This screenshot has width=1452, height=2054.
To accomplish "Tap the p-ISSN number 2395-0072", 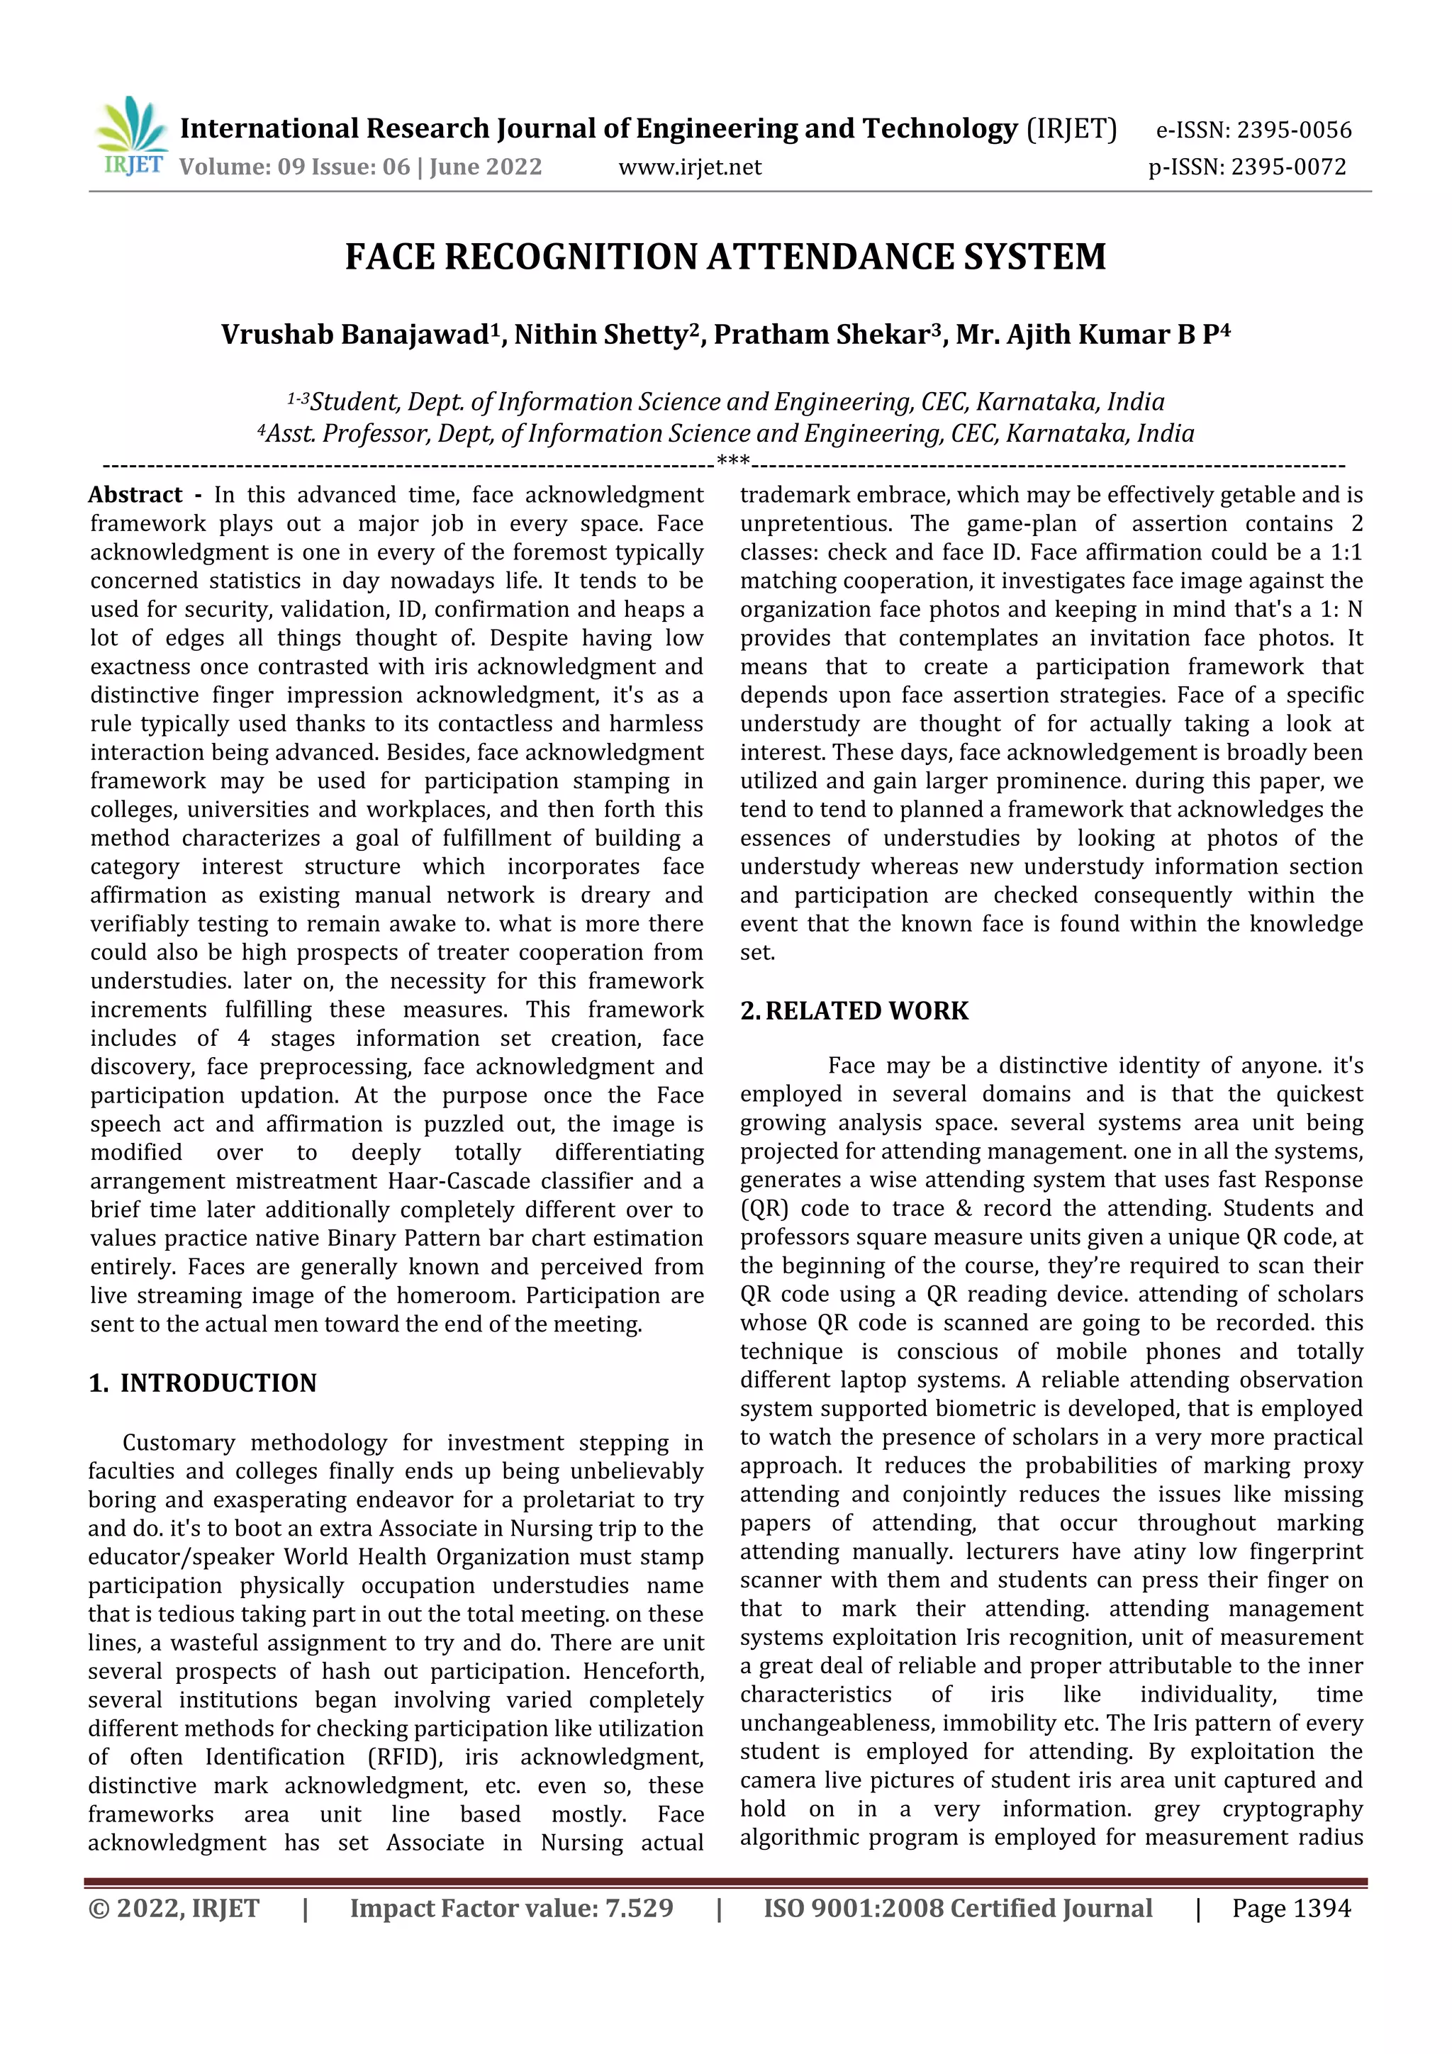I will [1288, 167].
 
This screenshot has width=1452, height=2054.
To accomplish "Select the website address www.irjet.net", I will [690, 167].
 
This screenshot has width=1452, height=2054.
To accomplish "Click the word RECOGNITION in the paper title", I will [573, 257].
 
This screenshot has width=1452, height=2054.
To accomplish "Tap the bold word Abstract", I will [135, 495].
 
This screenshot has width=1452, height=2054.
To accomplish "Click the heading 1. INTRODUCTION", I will [203, 1383].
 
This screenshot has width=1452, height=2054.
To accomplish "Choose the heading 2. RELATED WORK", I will [854, 1011].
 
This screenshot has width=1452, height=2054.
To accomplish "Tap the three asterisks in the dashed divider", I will [732, 462].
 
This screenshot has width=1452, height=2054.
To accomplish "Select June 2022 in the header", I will [486, 167].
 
